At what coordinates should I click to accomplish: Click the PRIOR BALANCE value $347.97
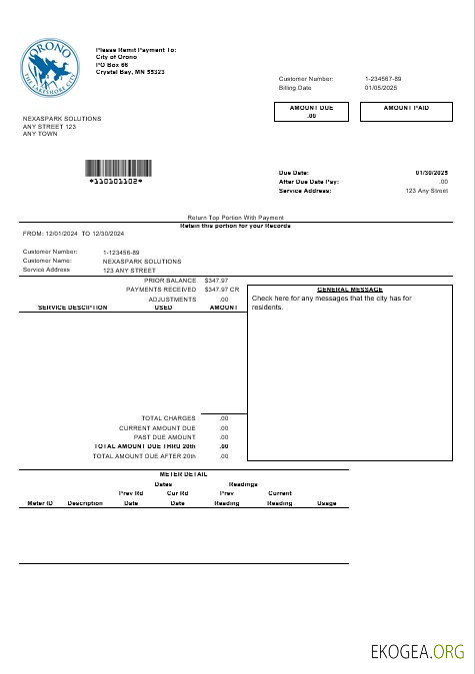tap(216, 281)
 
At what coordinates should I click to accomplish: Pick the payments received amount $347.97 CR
tap(221, 290)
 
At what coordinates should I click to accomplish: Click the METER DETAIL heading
tap(183, 474)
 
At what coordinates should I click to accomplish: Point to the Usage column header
tap(326, 503)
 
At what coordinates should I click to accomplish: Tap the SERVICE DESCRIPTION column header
tap(72, 308)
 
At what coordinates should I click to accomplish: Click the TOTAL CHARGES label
tap(168, 417)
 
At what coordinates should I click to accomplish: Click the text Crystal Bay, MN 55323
tap(130, 72)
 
